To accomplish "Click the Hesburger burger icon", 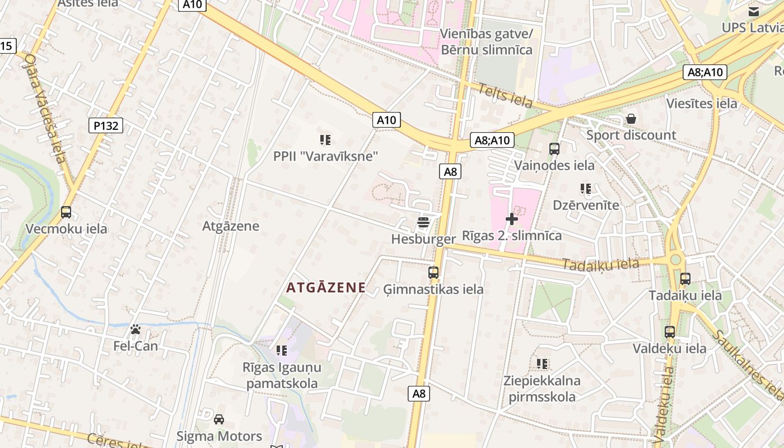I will (423, 222).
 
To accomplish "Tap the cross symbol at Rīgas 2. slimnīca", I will (511, 219).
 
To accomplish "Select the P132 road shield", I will (106, 125).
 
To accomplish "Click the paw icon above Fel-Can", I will (136, 329).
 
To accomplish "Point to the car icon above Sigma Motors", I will (219, 419).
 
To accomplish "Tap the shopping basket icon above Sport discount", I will (631, 119).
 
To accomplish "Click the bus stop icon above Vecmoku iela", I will (66, 212).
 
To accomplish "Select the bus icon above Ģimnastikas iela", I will (433, 273).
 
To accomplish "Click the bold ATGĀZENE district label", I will (326, 288).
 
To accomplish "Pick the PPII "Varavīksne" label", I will (325, 156).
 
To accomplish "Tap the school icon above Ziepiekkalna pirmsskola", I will (542, 364).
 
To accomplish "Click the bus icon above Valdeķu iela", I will (669, 332).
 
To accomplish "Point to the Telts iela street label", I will (505, 95).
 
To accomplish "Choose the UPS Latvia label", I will (752, 28).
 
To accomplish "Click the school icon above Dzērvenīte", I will (586, 189).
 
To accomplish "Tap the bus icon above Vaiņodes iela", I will (554, 149).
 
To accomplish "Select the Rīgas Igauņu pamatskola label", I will (282, 376).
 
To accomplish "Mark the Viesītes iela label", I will (701, 104).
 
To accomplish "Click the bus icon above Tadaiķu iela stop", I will (685, 278).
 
